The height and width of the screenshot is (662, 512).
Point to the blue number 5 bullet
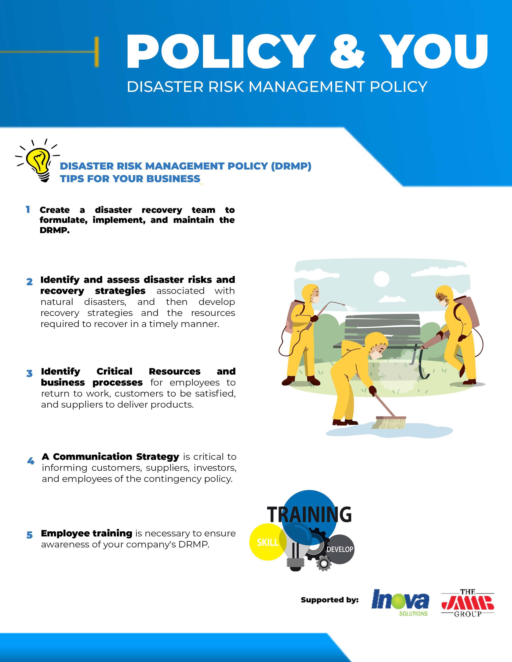(30, 535)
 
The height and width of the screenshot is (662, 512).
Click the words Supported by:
(329, 600)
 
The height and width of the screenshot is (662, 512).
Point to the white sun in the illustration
(381, 279)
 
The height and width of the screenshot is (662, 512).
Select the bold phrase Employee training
(87, 533)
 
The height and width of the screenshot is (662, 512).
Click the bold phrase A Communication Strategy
(110, 457)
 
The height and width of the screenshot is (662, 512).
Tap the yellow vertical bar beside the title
(96, 52)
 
